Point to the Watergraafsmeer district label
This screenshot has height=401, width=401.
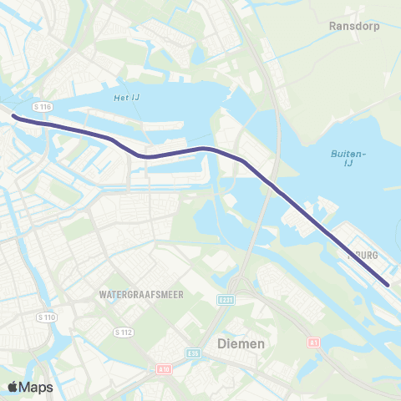tap(140, 295)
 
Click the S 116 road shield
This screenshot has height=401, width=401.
tap(43, 107)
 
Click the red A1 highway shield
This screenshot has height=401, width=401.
tap(313, 343)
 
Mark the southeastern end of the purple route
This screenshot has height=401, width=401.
tap(388, 285)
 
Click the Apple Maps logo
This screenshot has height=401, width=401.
tap(29, 387)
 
